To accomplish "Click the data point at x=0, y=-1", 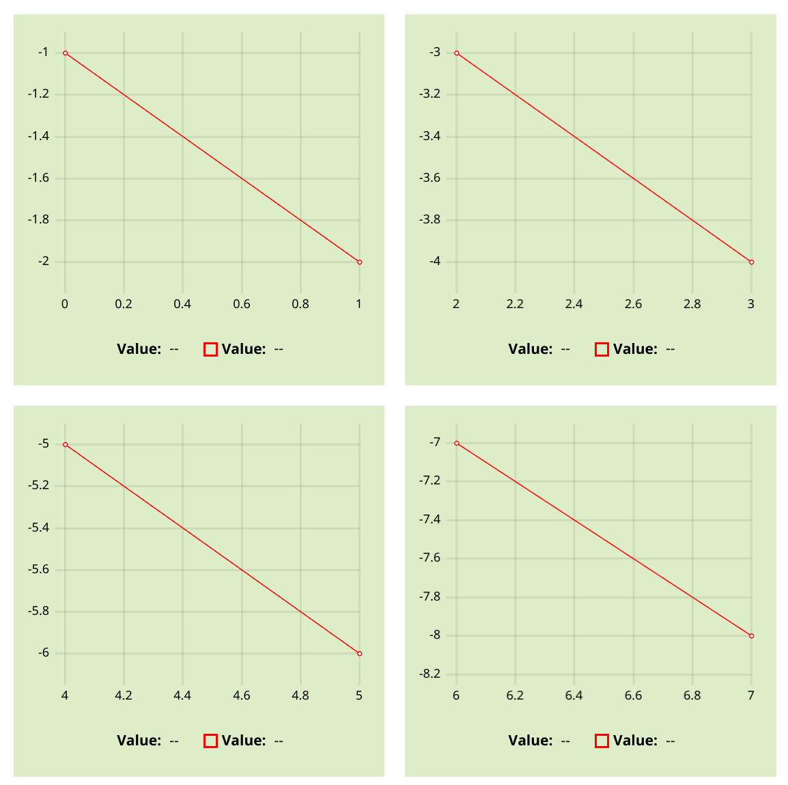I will [x=65, y=53].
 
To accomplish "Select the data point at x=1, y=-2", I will [x=359, y=262].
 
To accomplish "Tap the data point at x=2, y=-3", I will [x=456, y=53].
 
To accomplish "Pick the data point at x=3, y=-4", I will [x=751, y=262].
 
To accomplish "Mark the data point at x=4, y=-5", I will [x=65, y=444].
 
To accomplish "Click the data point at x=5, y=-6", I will [x=359, y=653].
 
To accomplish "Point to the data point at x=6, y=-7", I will [x=456, y=443].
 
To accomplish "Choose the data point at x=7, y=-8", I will [x=751, y=635].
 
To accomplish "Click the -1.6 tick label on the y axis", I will [x=38, y=178].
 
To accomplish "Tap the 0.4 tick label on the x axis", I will [x=182, y=304].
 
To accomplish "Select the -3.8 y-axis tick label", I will [x=430, y=220].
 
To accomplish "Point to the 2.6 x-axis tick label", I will [x=633, y=304].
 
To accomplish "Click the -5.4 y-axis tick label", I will [x=38, y=528].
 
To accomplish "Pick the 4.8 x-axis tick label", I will [x=300, y=696].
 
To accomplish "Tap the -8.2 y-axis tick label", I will [x=430, y=674].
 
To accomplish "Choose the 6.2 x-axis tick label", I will [x=515, y=696].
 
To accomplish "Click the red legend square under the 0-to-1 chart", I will [x=210, y=349].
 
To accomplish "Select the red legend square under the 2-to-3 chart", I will [x=602, y=349].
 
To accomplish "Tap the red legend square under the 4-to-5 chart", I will [x=210, y=741].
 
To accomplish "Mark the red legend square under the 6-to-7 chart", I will [x=602, y=741].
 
